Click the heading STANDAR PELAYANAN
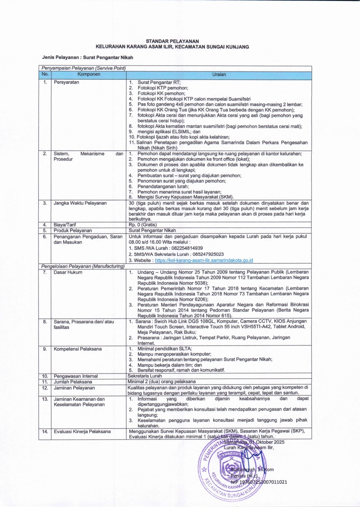(x=172, y=41)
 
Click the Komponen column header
(x=89, y=74)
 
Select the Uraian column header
(x=219, y=75)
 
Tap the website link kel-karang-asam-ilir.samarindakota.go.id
(x=204, y=260)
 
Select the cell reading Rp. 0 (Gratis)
(x=143, y=224)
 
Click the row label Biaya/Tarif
(x=65, y=224)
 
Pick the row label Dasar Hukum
(x=68, y=272)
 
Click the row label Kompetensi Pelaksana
(x=78, y=349)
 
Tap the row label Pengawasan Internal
(x=76, y=376)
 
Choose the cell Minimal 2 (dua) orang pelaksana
(x=162, y=381)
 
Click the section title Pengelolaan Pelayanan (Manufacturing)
(x=83, y=266)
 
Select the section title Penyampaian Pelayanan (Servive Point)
(x=84, y=68)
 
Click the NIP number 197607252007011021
(x=259, y=482)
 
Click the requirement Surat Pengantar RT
(x=159, y=82)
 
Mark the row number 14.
(x=45, y=431)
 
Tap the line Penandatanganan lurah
(x=163, y=186)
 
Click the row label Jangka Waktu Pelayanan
(x=80, y=203)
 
